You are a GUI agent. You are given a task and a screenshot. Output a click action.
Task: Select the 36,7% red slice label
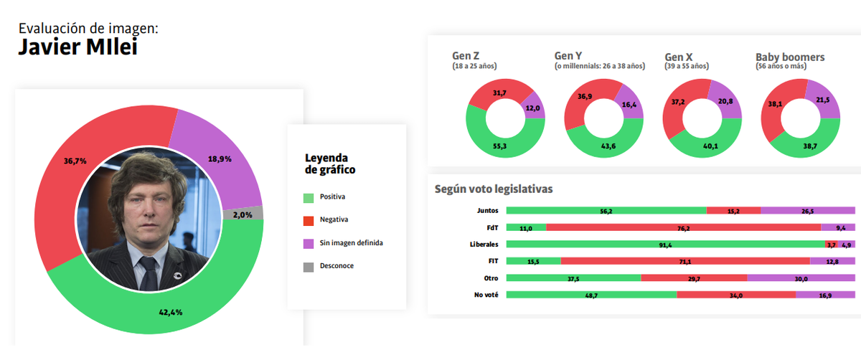pyautogui.click(x=75, y=161)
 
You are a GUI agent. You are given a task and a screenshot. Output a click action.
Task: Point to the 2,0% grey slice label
pyautogui.click(x=242, y=214)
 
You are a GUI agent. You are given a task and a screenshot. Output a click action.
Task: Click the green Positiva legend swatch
pyautogui.click(x=309, y=196)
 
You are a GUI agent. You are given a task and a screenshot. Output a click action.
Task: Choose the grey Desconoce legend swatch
pyautogui.click(x=309, y=266)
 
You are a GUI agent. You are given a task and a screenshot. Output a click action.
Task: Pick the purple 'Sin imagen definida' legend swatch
pyautogui.click(x=309, y=243)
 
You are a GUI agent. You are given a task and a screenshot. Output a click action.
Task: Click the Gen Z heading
pyautogui.click(x=466, y=57)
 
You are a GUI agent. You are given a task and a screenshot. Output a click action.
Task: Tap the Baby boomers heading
pyautogui.click(x=790, y=57)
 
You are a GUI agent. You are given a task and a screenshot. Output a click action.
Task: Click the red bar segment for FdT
pyautogui.click(x=683, y=227)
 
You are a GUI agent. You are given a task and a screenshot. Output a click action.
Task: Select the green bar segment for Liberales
pyautogui.click(x=665, y=245)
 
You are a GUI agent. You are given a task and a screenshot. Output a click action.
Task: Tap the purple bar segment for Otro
pyautogui.click(x=801, y=278)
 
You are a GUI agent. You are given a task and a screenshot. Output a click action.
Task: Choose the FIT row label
pyautogui.click(x=491, y=261)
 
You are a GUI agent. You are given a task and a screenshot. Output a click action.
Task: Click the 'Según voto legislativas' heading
pyautogui.click(x=493, y=189)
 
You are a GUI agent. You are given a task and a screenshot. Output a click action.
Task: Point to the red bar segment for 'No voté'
pyautogui.click(x=735, y=295)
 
